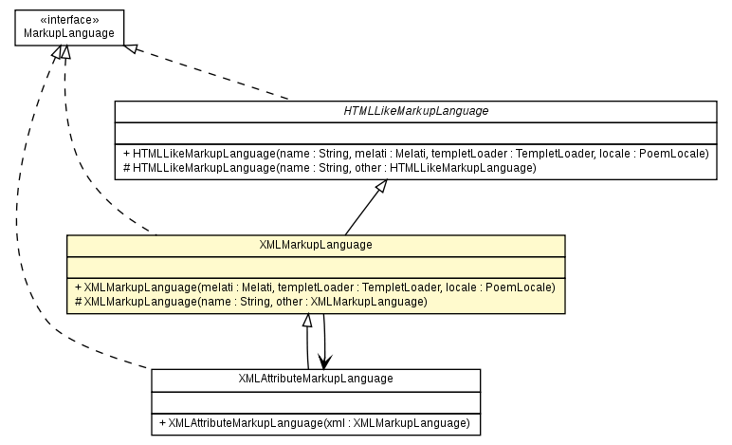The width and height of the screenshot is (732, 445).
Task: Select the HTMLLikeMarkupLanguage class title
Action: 415,111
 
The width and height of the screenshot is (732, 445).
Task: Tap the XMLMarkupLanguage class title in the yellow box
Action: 316,245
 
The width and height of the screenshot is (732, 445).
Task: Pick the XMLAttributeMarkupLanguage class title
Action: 316,379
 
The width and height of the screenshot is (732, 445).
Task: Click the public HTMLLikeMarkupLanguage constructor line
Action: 416,153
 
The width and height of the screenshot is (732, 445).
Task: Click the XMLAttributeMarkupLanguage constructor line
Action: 315,422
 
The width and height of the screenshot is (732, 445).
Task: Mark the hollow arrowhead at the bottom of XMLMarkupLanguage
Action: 306,322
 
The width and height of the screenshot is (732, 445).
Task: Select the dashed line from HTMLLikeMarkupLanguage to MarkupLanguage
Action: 218,76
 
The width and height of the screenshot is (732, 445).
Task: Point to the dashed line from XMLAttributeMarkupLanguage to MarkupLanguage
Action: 38,237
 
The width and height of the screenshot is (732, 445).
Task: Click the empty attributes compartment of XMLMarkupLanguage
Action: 316,265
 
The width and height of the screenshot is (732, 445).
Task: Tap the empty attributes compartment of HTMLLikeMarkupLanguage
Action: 415,132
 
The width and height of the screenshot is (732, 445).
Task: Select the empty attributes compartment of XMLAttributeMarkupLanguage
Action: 316,400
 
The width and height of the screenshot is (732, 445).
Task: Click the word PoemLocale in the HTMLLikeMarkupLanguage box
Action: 678,153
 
